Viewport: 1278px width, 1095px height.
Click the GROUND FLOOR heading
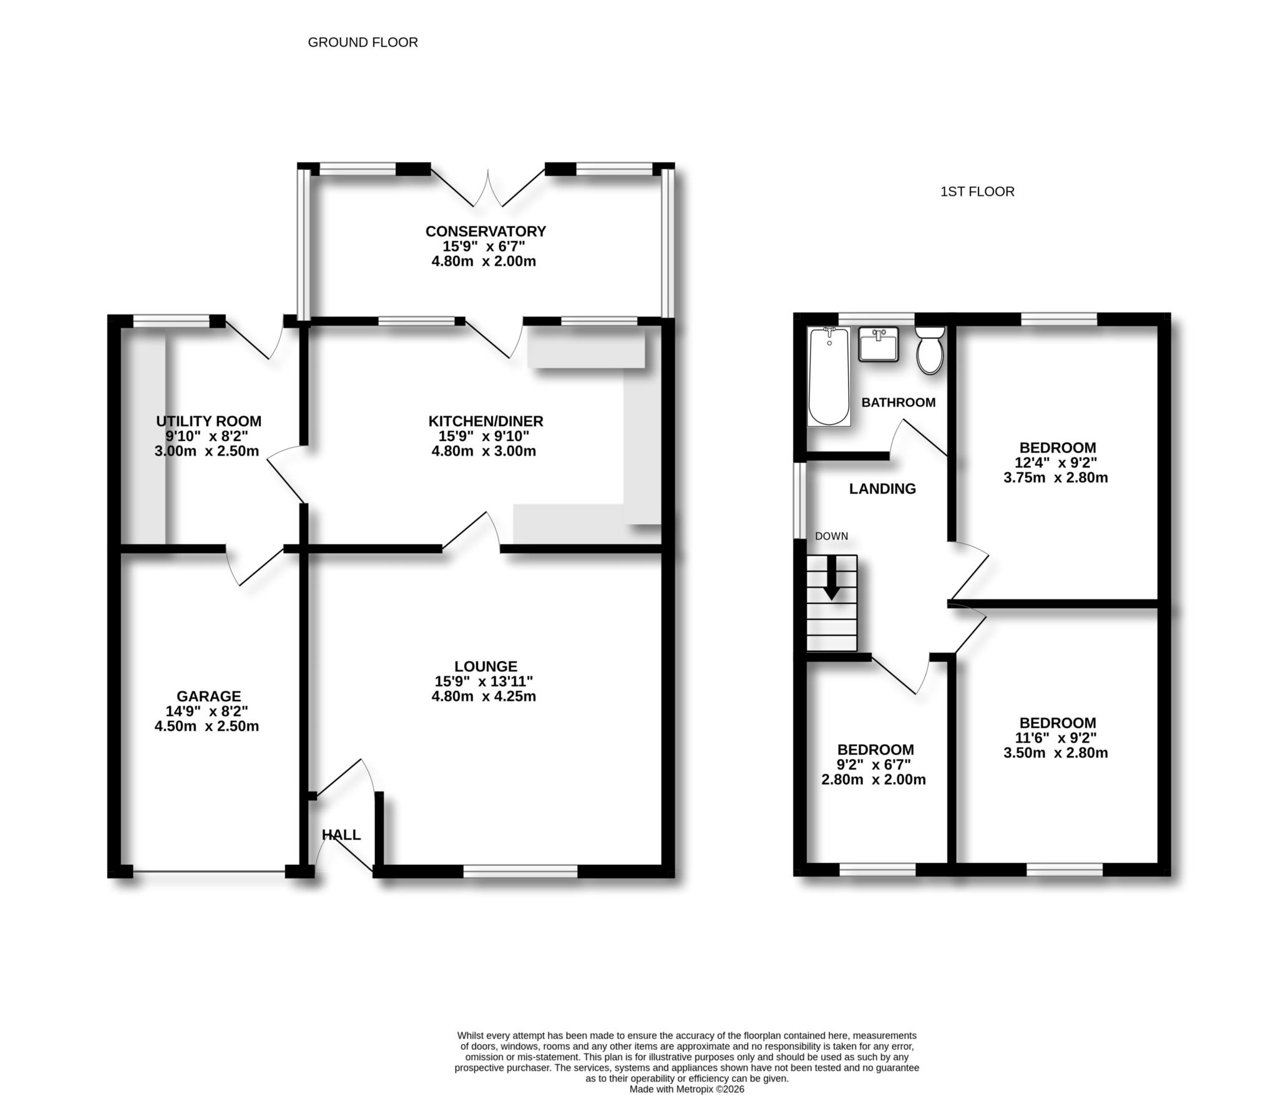coord(363,42)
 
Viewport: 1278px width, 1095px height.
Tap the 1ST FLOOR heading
coord(977,192)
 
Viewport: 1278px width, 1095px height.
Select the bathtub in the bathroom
coord(829,376)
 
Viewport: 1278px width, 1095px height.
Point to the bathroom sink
coord(878,344)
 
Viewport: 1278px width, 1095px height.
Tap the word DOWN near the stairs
coord(831,536)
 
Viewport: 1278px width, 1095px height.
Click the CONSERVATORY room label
coord(485,231)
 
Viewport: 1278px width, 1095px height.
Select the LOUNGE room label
coord(485,666)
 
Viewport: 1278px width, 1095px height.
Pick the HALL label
coord(341,835)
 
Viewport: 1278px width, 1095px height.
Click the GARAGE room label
coord(208,696)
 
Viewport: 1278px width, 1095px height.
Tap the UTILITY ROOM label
coord(208,421)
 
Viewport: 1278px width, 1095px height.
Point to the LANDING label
coord(882,489)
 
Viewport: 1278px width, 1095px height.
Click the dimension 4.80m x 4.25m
coord(484,696)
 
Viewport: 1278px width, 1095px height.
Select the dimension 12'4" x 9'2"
coord(1056,463)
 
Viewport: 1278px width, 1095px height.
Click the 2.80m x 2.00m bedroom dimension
coord(874,779)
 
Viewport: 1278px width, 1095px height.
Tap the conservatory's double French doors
coord(487,187)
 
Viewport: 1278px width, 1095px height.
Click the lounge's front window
coord(520,870)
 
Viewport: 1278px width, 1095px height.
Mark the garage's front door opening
coord(209,871)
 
